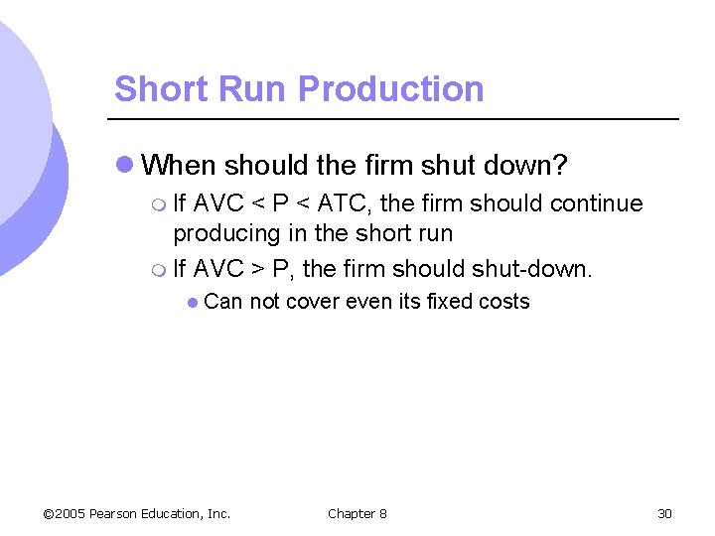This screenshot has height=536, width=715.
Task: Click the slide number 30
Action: click(x=664, y=513)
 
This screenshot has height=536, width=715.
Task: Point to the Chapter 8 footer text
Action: click(x=357, y=513)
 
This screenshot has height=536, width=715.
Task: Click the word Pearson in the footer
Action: click(x=114, y=513)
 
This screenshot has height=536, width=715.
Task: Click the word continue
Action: click(x=596, y=204)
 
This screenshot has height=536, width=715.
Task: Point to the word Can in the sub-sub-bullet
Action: click(x=223, y=302)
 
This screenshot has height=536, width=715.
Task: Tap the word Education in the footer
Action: click(x=175, y=513)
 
